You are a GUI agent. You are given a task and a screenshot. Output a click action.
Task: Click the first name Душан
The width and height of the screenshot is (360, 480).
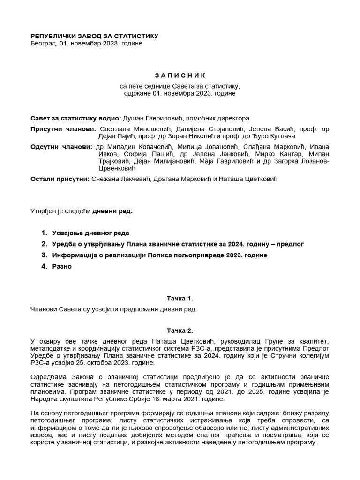(x=134, y=118)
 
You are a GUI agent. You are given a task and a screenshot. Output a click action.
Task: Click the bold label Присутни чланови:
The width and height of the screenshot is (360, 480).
(x=63, y=129)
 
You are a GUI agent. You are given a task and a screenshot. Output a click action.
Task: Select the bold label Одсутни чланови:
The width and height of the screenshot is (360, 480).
(x=61, y=147)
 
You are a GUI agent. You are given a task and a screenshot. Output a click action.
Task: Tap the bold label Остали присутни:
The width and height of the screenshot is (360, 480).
(x=60, y=179)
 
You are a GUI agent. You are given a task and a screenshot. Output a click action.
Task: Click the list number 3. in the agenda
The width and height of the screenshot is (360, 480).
(x=44, y=255)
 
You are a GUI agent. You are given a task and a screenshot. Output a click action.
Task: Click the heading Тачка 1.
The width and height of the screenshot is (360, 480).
(x=180, y=298)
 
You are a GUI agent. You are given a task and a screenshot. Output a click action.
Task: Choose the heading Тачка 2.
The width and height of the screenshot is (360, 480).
(x=180, y=330)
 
